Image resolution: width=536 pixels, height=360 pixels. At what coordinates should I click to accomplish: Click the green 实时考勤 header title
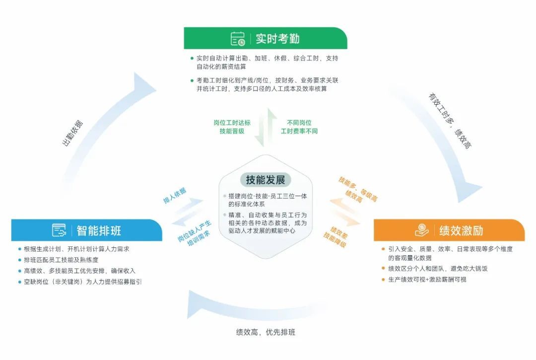[x=277, y=38]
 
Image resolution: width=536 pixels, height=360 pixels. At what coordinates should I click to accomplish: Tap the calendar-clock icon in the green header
[x=238, y=38]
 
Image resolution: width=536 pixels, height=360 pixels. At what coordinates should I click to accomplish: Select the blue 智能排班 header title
[x=99, y=230]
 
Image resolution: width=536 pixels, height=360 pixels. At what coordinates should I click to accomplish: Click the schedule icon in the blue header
[x=59, y=230]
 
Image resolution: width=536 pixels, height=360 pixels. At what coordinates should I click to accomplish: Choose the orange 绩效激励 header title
[x=461, y=230]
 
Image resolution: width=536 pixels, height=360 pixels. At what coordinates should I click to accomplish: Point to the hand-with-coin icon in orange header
[x=421, y=230]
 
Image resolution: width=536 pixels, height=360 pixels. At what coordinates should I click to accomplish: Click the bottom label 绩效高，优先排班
[x=266, y=332]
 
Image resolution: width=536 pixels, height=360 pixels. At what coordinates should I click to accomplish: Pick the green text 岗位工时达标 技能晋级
[x=232, y=127]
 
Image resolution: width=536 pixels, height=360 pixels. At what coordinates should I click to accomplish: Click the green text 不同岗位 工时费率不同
[x=299, y=127]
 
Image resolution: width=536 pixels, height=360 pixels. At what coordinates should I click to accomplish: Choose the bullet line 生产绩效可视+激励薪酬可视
[x=427, y=279]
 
